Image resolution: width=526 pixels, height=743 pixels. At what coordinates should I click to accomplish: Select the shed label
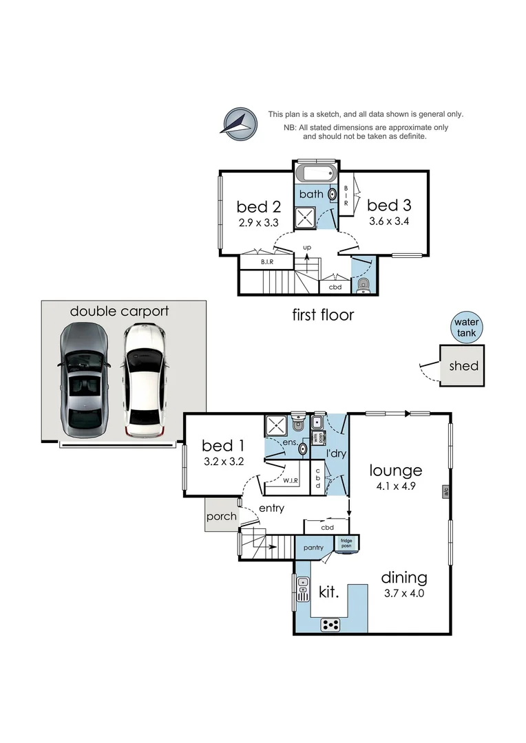pyautogui.click(x=463, y=366)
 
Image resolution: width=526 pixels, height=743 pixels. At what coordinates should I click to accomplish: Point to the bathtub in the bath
pyautogui.click(x=316, y=173)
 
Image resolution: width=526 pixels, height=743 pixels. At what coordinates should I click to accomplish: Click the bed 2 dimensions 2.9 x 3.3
pyautogui.click(x=260, y=222)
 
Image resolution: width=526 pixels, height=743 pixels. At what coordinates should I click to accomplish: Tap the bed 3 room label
pyautogui.click(x=389, y=205)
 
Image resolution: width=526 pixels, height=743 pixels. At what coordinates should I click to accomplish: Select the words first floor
pyautogui.click(x=323, y=315)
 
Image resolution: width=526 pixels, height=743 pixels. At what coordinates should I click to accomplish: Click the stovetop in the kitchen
pyautogui.click(x=331, y=625)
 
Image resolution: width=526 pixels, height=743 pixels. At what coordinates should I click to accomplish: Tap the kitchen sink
pyautogui.click(x=303, y=589)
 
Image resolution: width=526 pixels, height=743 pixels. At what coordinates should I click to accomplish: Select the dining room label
pyautogui.click(x=404, y=577)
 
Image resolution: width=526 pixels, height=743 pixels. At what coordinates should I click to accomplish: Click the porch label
pyautogui.click(x=222, y=517)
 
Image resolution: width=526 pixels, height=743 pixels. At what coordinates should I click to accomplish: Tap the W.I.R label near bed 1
pyautogui.click(x=289, y=481)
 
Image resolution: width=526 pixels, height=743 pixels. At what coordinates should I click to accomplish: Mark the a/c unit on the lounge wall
pyautogui.click(x=445, y=492)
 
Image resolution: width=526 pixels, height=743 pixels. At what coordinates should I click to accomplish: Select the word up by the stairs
pyautogui.click(x=307, y=246)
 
